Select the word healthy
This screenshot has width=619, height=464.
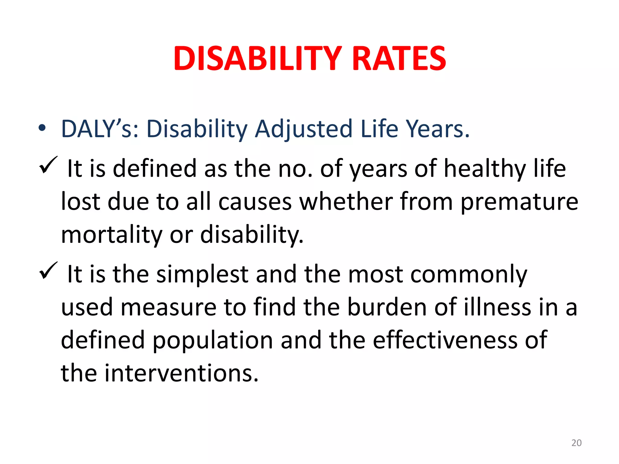485,169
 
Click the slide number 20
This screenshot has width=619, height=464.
576,443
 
